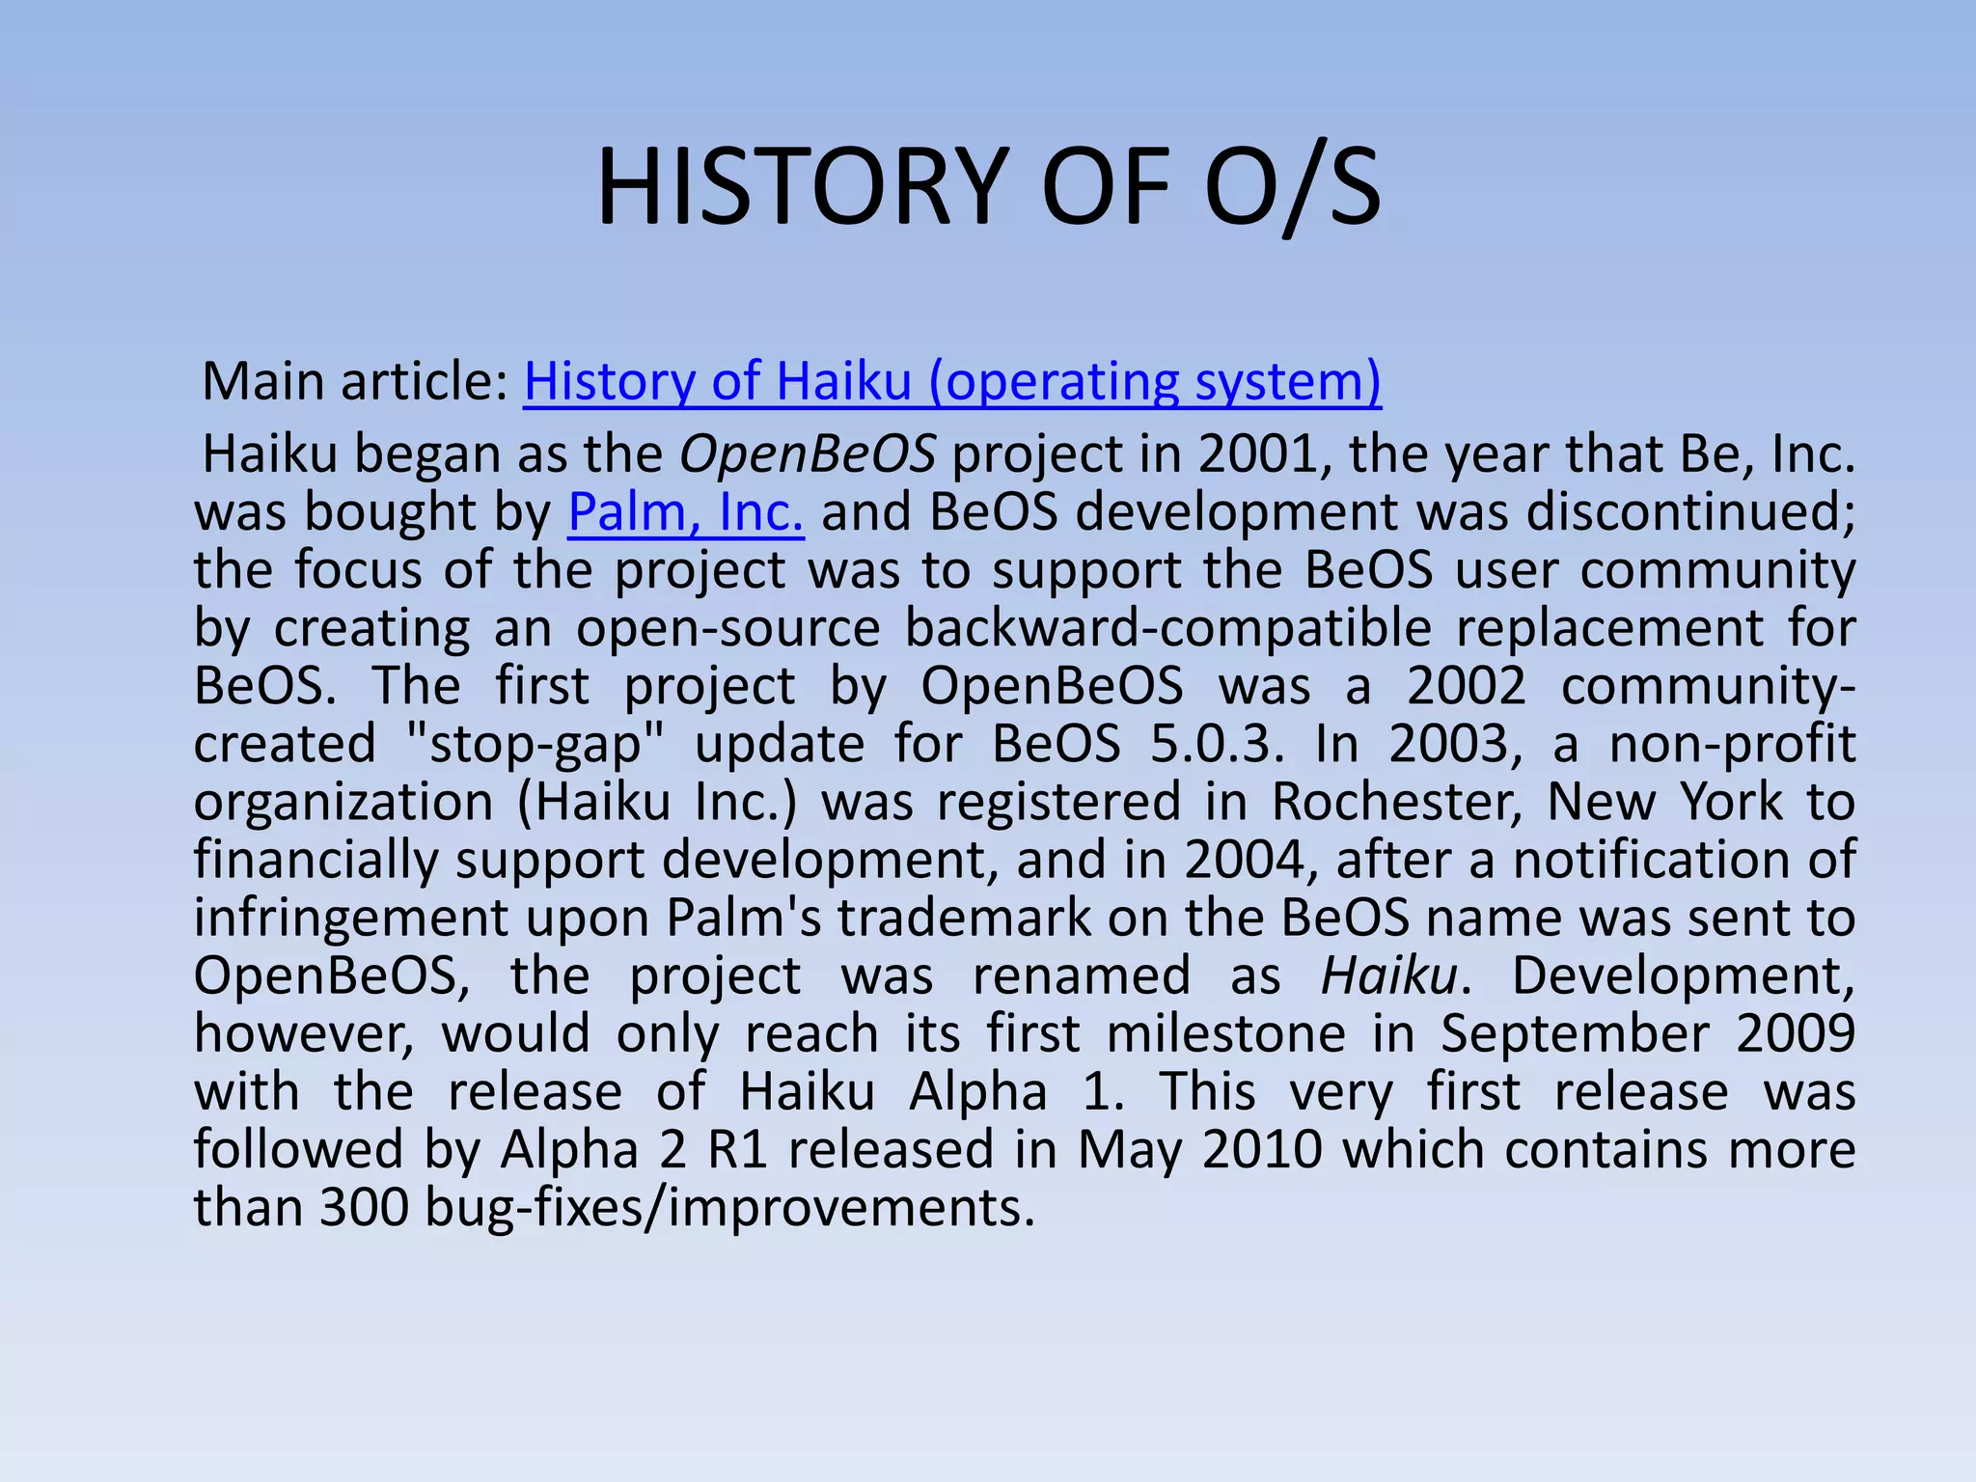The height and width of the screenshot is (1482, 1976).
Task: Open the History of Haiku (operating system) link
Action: coord(952,381)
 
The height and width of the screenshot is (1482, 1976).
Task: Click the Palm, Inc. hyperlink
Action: coord(685,511)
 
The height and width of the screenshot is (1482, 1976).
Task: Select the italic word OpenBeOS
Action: coord(807,453)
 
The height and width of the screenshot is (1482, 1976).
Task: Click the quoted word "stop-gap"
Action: coord(535,744)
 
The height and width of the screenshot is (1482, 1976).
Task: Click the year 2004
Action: coord(1245,860)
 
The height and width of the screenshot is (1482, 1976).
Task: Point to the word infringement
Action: coord(350,918)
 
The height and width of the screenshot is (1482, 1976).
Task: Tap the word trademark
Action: coord(964,918)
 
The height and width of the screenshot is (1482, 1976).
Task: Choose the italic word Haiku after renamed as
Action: coord(1388,975)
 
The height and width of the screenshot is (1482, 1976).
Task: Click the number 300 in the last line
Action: coord(364,1207)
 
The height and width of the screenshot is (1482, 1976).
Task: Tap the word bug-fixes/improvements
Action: coord(729,1207)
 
